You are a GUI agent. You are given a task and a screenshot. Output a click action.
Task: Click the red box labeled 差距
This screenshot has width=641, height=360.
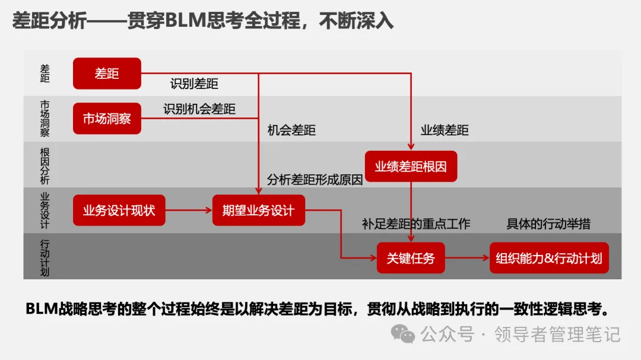[107, 74]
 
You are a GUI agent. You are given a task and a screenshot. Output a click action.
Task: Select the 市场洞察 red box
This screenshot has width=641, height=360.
[107, 119]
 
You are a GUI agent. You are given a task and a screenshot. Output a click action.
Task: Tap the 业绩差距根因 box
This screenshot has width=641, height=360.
[411, 167]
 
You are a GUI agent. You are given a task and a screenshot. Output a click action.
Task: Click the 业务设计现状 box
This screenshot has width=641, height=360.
[119, 210]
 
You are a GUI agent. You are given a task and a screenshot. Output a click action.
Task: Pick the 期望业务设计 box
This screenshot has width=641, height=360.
[258, 210]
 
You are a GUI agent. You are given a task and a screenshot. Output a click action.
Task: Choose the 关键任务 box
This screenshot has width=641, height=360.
[411, 258]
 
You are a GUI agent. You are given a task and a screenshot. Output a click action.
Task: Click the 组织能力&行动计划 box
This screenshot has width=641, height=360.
[549, 258]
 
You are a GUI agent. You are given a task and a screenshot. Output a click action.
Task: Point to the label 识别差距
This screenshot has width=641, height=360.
[194, 84]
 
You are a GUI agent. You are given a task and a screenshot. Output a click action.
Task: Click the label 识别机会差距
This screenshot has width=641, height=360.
[199, 109]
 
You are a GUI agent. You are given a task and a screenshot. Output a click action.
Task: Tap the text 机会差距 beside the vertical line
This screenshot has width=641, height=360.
[291, 130]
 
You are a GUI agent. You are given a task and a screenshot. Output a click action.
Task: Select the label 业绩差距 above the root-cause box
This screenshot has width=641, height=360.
[445, 130]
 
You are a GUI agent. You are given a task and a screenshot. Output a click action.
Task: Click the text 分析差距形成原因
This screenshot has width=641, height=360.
[315, 180]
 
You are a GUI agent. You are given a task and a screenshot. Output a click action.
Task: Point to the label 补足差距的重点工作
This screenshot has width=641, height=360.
[416, 224]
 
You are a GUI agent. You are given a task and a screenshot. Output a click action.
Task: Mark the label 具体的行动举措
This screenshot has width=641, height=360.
[548, 224]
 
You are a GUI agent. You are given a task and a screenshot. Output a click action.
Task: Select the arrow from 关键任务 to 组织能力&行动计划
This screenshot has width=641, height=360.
[467, 258]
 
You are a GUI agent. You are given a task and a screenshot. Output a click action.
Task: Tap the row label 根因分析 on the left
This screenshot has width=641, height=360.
[45, 165]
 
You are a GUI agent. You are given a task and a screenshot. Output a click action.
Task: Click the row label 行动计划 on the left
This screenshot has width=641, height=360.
[45, 257]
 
